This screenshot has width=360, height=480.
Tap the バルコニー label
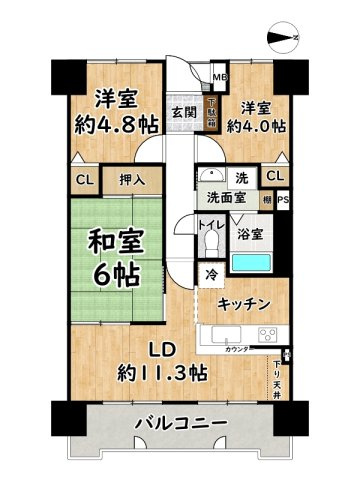point(181,425)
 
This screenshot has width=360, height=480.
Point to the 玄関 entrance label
point(182,113)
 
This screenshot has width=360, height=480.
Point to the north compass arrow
point(285,39)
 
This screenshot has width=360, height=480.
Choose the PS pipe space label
point(284,198)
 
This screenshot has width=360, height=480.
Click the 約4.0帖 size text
point(255,127)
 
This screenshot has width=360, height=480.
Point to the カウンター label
point(237,351)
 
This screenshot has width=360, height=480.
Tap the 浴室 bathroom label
point(251,235)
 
